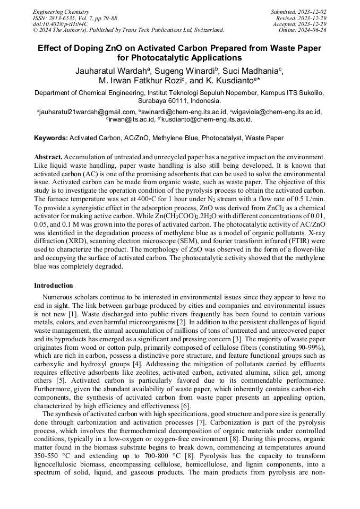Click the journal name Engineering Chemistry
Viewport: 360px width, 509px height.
61,12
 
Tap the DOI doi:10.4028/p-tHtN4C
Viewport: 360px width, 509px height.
60,24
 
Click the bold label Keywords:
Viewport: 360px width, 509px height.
51,138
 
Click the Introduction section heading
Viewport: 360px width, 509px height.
54,286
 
